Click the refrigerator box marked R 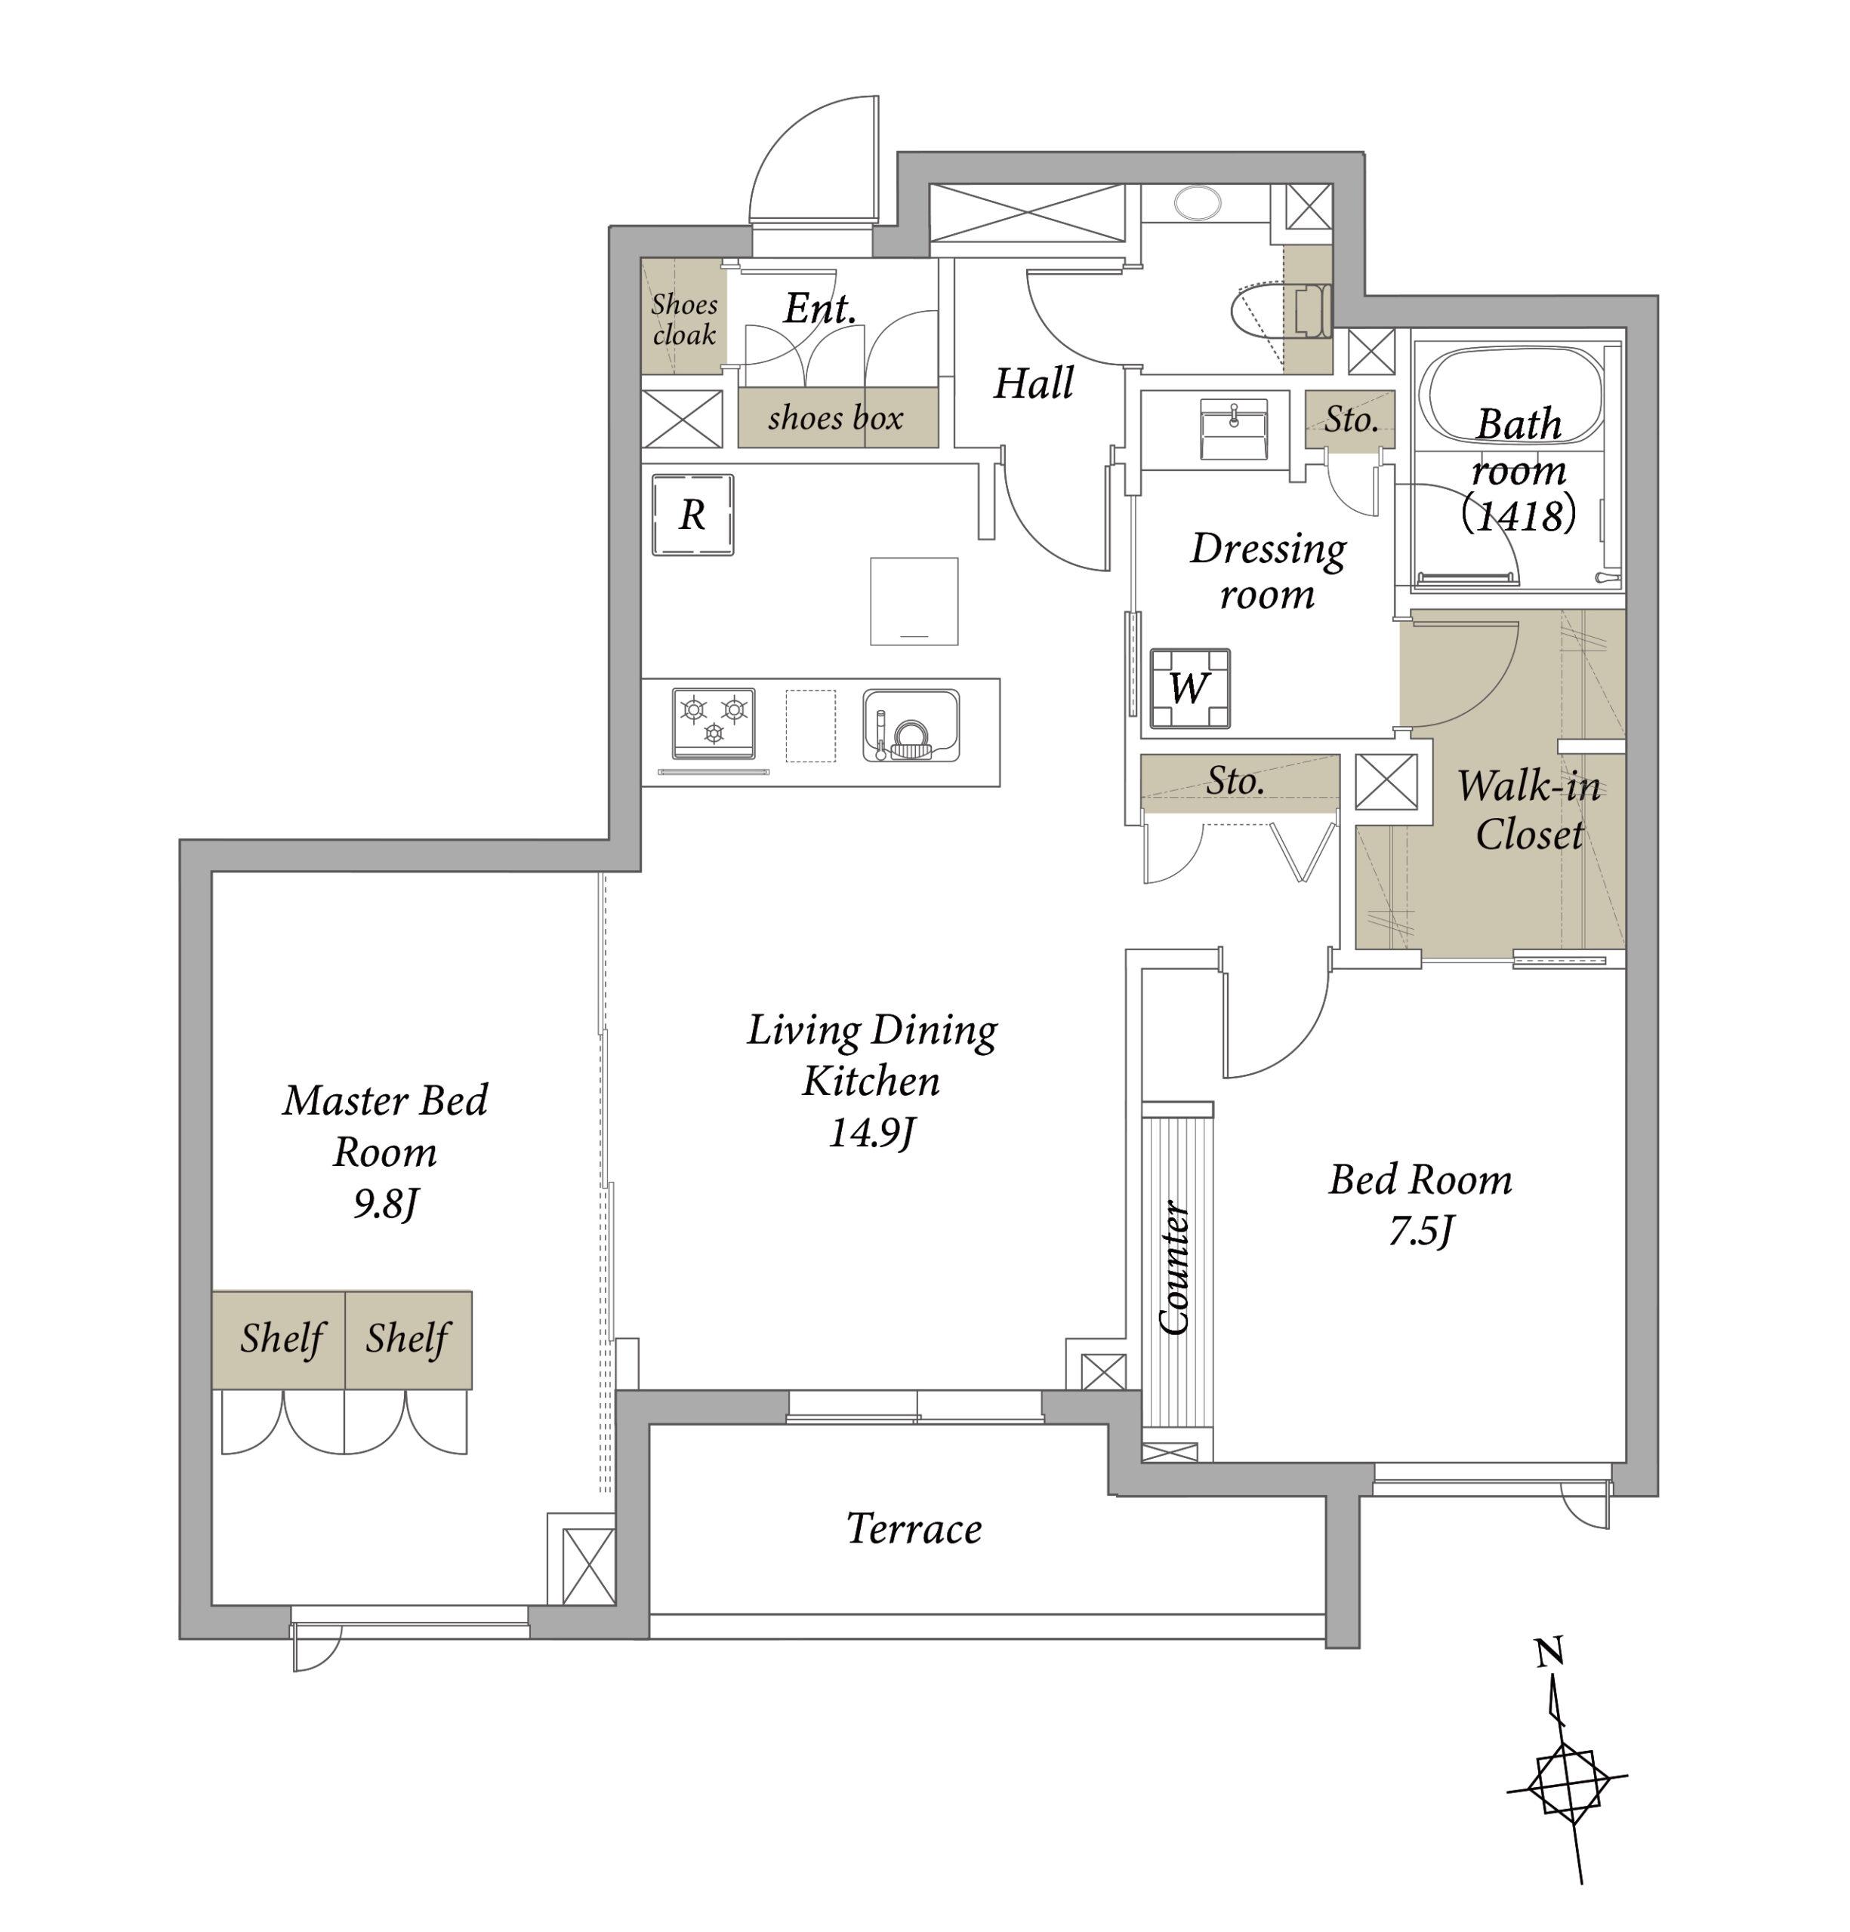(692, 515)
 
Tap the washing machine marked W (1189, 688)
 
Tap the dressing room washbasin (1234, 429)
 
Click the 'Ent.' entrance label (819, 309)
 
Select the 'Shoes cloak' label (683, 319)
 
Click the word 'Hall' (1032, 383)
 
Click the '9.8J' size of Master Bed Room (387, 1204)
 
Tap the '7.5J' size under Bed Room (1421, 1231)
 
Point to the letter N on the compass (1549, 1651)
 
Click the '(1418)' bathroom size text (1519, 515)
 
